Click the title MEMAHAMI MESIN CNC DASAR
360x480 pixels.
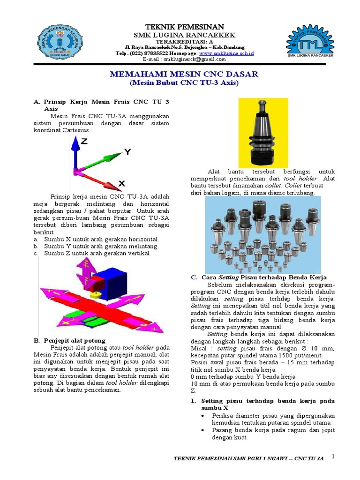click(184, 74)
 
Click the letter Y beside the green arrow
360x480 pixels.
click(127, 151)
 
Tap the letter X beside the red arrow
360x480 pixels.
click(121, 184)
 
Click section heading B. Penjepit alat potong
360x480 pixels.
click(69, 340)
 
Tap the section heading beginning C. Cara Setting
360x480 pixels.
click(258, 277)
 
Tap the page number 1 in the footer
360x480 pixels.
click(333, 456)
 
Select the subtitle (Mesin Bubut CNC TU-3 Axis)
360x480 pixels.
click(184, 83)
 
